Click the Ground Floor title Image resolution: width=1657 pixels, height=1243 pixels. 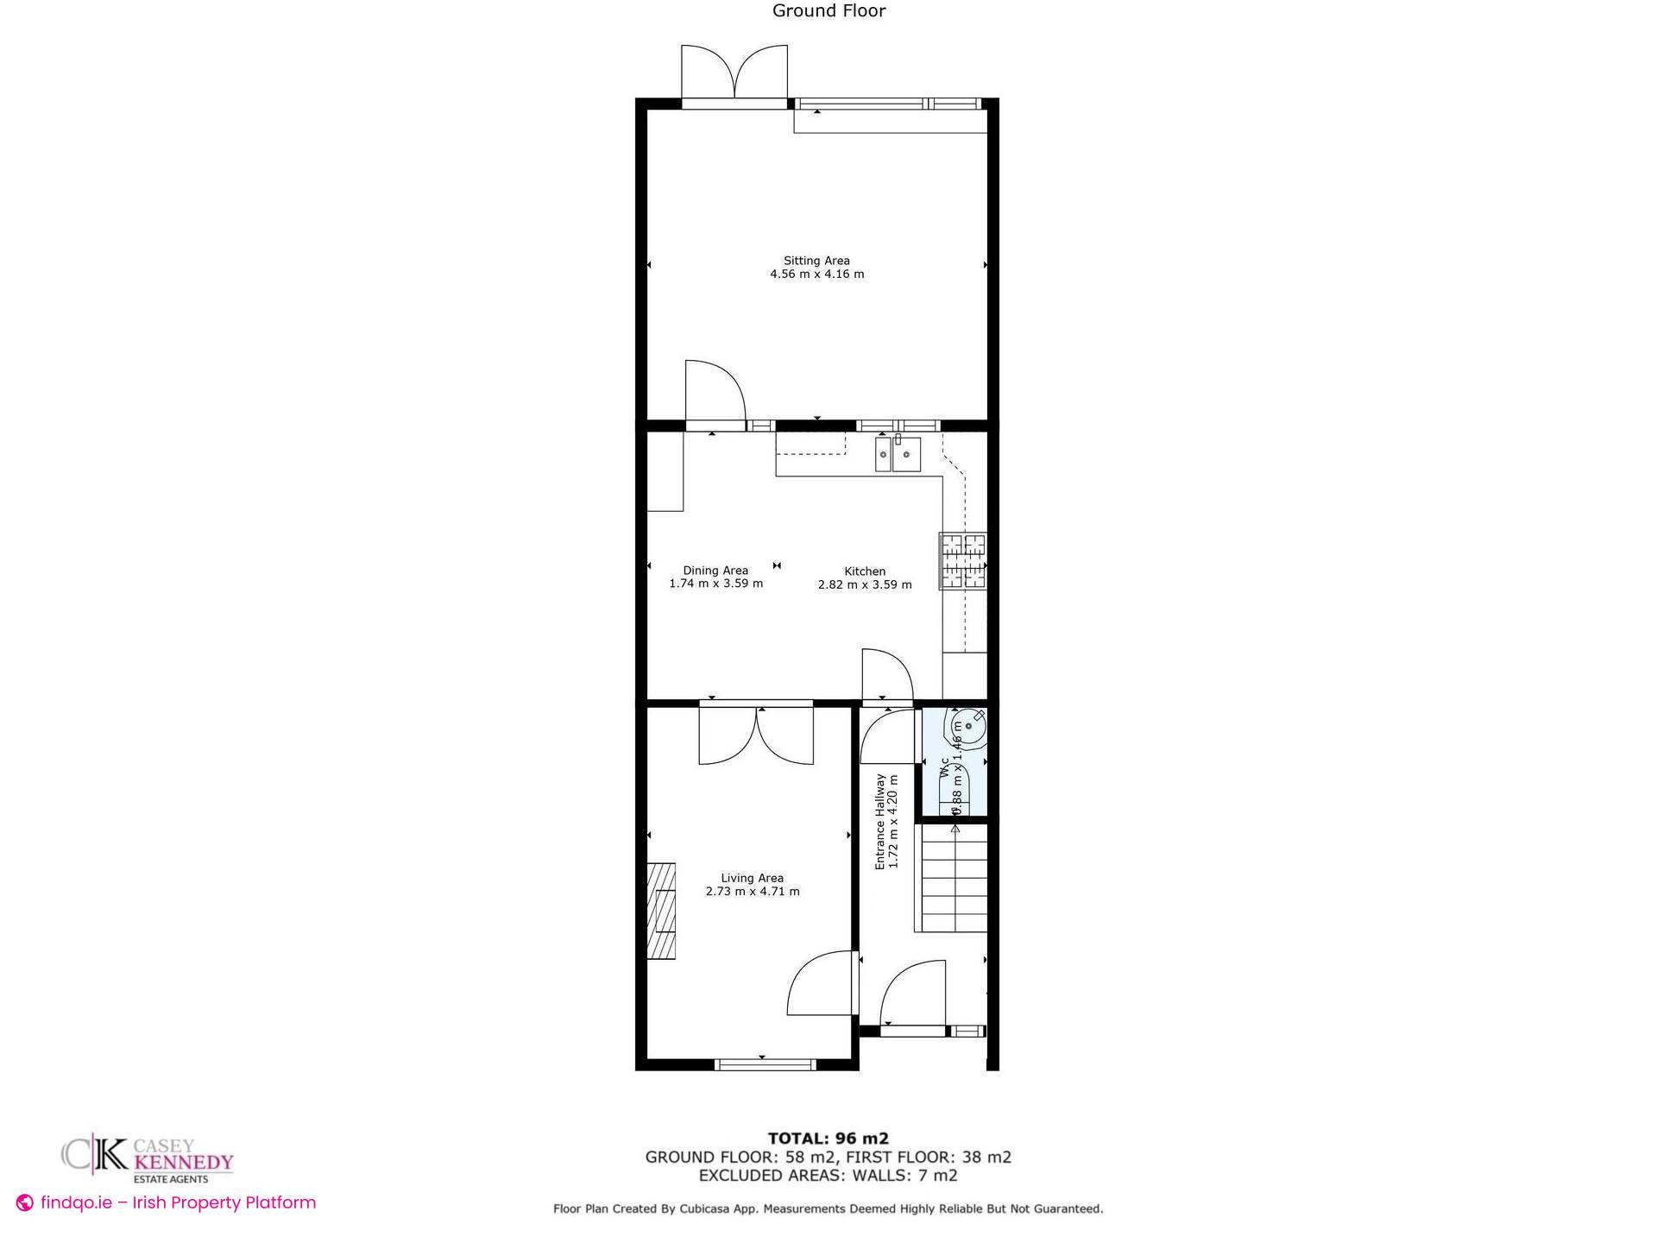tap(828, 11)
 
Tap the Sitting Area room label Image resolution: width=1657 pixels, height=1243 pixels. tap(816, 261)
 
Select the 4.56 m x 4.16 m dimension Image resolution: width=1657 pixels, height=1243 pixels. tap(816, 274)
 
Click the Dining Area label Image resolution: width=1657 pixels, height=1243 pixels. tap(715, 571)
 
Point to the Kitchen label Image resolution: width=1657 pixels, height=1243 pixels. tap(865, 571)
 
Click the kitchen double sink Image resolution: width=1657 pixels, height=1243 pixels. tap(898, 454)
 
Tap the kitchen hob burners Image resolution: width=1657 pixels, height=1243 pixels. tap(963, 561)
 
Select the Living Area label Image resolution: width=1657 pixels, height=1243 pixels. tap(752, 878)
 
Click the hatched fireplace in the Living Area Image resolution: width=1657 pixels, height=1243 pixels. tap(663, 911)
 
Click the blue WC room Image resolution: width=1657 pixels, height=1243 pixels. tap(954, 764)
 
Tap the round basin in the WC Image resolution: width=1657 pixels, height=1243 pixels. tap(968, 728)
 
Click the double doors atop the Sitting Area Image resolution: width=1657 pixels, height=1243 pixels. tap(734, 73)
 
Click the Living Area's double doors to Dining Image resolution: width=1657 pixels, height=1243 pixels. tap(756, 735)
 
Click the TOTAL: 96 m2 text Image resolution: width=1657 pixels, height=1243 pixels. tap(828, 1139)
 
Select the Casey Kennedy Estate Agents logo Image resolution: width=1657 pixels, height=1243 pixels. tap(148, 1158)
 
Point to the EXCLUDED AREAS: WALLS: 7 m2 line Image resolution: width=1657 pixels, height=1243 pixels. tap(828, 1176)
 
